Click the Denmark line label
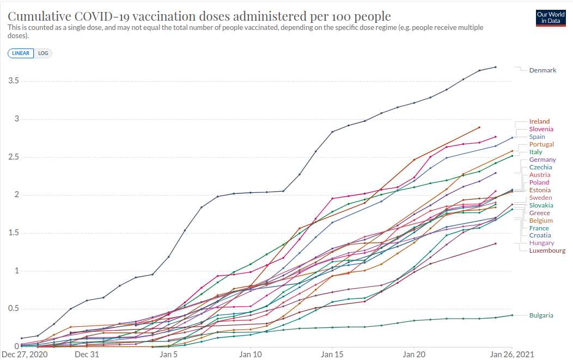click(x=542, y=70)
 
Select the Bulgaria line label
click(x=541, y=315)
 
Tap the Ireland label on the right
click(x=539, y=121)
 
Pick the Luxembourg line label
click(x=547, y=251)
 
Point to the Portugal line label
click(x=541, y=144)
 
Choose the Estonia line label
click(x=540, y=190)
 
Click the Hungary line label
click(x=541, y=243)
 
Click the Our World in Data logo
click(x=551, y=17)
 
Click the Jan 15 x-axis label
click(x=332, y=355)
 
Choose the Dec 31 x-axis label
click(x=87, y=355)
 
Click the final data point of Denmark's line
click(x=496, y=67)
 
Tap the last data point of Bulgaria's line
click(x=512, y=315)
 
